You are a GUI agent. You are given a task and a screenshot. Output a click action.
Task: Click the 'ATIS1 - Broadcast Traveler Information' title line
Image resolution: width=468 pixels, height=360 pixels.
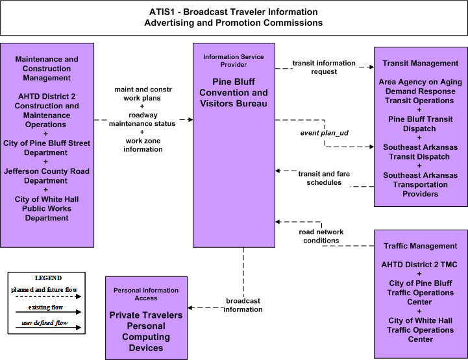234,12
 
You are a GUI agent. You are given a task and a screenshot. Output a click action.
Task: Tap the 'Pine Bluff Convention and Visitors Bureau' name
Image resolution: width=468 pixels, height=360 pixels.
234,93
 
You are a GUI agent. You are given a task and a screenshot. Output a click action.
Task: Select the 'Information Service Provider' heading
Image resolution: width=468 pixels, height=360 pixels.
234,60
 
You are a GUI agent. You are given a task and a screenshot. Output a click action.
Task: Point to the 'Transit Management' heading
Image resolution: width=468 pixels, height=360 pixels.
420,63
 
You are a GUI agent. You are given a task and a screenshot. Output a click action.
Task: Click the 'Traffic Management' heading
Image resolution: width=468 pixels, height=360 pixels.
420,246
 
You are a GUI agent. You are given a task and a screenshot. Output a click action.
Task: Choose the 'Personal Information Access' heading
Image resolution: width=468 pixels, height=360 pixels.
146,294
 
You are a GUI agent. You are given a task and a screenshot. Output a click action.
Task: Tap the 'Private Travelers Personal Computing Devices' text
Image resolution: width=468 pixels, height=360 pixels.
146,331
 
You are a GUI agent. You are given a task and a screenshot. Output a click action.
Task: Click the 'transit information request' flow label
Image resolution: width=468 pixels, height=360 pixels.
324,67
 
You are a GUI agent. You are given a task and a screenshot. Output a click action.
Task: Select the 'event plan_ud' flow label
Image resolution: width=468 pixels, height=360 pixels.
324,133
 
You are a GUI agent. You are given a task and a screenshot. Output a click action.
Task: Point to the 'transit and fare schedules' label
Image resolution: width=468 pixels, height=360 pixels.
324,178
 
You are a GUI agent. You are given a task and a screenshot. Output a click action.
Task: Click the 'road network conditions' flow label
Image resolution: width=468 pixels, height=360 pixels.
321,236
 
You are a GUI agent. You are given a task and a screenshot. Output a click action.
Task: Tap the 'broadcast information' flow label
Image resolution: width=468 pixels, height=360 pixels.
243,305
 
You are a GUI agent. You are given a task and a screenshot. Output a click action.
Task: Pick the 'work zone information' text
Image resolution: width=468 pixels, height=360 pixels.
143,145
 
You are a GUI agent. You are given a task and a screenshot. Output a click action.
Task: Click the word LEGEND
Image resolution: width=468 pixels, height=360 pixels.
48,278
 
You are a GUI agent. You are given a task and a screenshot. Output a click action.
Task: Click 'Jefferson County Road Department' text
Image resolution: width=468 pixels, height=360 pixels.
46,176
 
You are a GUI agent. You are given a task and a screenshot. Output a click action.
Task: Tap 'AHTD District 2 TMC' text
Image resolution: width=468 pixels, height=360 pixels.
419,265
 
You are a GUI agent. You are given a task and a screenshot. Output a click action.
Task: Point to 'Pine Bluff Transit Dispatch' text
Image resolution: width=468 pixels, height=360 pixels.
420,124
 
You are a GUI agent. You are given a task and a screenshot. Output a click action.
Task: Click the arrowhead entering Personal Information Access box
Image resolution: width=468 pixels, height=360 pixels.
190,308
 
